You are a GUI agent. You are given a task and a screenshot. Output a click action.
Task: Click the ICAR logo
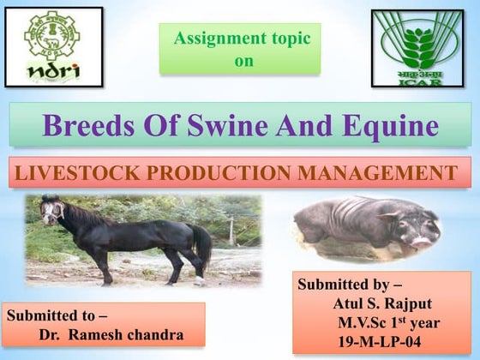(x=417, y=47)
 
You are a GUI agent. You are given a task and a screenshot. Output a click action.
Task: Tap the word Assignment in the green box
(x=219, y=39)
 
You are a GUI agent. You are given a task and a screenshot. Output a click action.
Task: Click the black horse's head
(x=54, y=210)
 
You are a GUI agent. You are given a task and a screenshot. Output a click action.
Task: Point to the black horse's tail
(x=203, y=244)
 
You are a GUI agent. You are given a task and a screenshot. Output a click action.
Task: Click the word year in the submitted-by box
(x=422, y=322)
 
